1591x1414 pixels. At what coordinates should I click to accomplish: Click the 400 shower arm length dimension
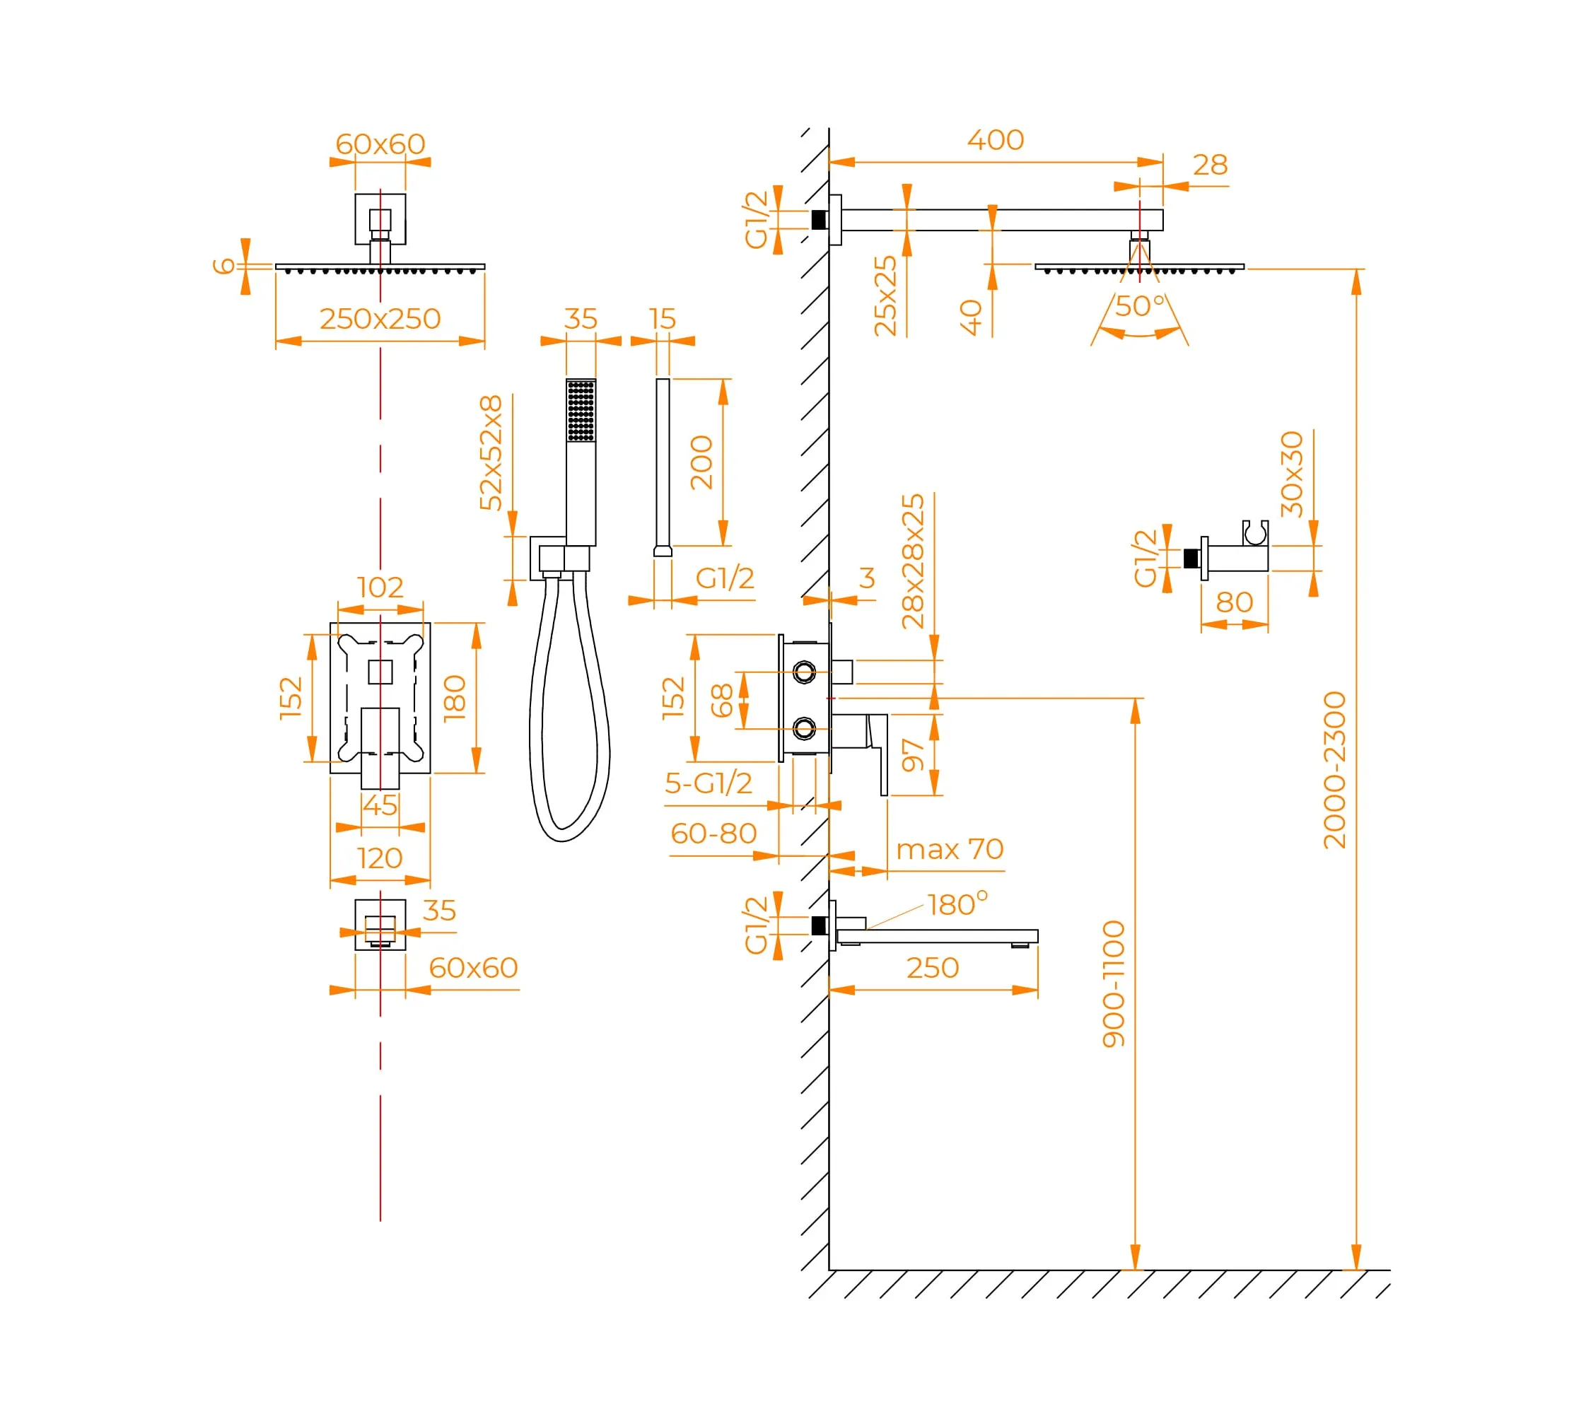(x=995, y=140)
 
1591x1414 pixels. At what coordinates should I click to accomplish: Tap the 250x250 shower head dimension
(x=380, y=319)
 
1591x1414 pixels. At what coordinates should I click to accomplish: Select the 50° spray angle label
(x=1141, y=306)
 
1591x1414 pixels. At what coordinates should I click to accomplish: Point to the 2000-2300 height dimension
(x=1334, y=770)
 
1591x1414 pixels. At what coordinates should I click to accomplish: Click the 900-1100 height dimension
(x=1114, y=984)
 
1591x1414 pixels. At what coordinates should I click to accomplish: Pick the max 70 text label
(x=950, y=849)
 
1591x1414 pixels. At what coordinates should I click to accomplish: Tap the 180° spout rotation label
(x=957, y=904)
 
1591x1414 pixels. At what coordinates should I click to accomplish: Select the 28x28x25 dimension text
(x=913, y=562)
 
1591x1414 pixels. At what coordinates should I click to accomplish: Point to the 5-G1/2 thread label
(x=709, y=783)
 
